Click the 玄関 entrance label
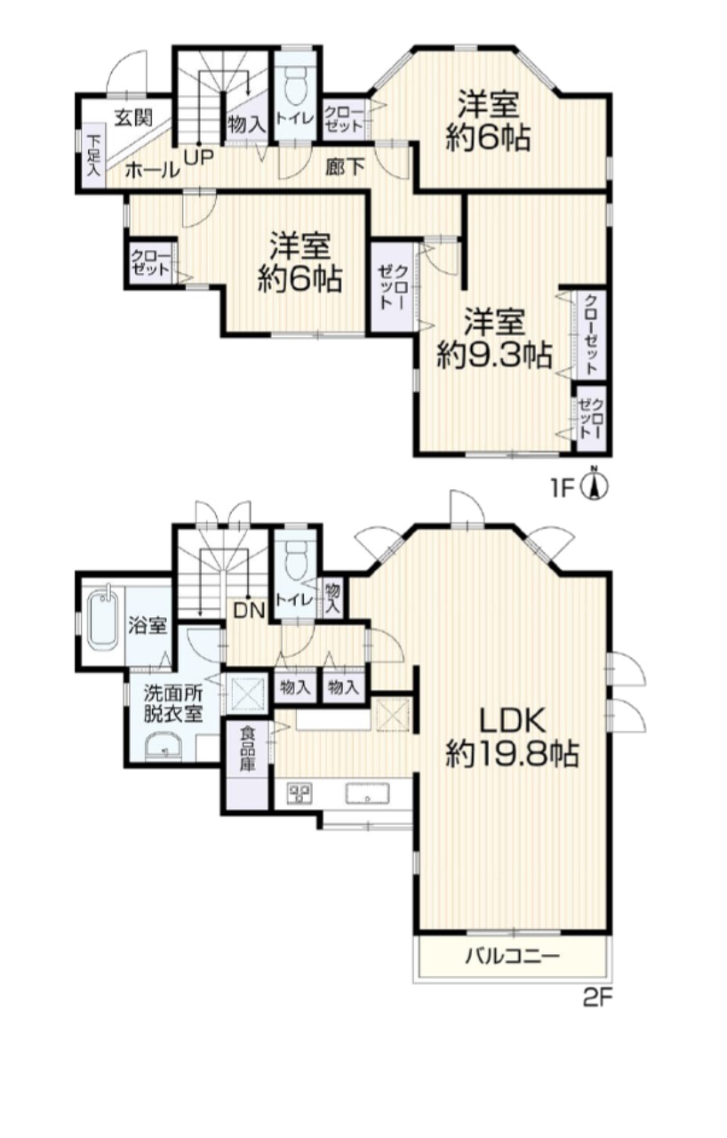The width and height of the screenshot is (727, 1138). pos(132,118)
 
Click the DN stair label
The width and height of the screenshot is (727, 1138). pos(249,610)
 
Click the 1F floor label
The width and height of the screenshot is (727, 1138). pos(563,488)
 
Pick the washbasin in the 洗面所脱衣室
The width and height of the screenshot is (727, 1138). pos(164,749)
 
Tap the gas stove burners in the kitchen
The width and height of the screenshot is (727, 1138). pos(300,793)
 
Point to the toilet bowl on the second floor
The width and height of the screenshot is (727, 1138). pos(296,557)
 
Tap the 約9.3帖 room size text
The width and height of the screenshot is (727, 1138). pos(495,355)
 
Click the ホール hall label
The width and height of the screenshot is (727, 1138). pos(152,170)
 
